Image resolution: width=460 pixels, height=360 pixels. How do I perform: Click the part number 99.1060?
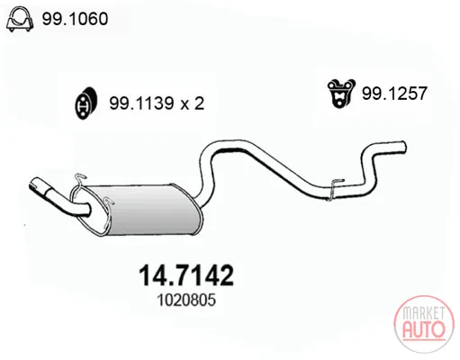click(75, 19)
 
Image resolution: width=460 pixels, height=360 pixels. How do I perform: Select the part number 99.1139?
click(141, 103)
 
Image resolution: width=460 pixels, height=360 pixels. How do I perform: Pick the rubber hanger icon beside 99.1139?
click(86, 103)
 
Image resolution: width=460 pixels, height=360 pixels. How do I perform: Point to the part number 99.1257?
click(394, 93)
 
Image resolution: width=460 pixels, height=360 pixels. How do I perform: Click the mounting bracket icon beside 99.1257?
click(341, 93)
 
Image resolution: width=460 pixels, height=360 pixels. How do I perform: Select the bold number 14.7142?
click(186, 275)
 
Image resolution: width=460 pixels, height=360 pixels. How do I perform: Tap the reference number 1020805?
click(186, 300)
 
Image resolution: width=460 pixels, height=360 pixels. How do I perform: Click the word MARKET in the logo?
click(423, 313)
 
